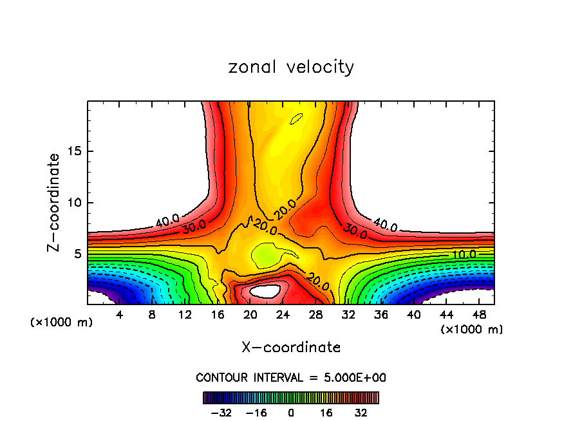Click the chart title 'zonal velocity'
(x=291, y=67)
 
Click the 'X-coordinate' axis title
(x=291, y=348)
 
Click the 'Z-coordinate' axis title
(x=55, y=202)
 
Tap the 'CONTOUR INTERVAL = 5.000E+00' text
(x=291, y=377)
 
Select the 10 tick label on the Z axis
(x=75, y=203)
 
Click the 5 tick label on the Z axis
(x=78, y=254)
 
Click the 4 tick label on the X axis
(x=120, y=315)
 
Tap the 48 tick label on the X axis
(x=480, y=315)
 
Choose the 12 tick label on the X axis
(x=185, y=315)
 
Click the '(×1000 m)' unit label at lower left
(x=62, y=323)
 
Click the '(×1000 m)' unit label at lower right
(x=471, y=330)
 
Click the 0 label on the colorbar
(x=291, y=411)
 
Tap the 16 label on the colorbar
(x=326, y=411)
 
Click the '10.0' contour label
(x=464, y=254)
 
